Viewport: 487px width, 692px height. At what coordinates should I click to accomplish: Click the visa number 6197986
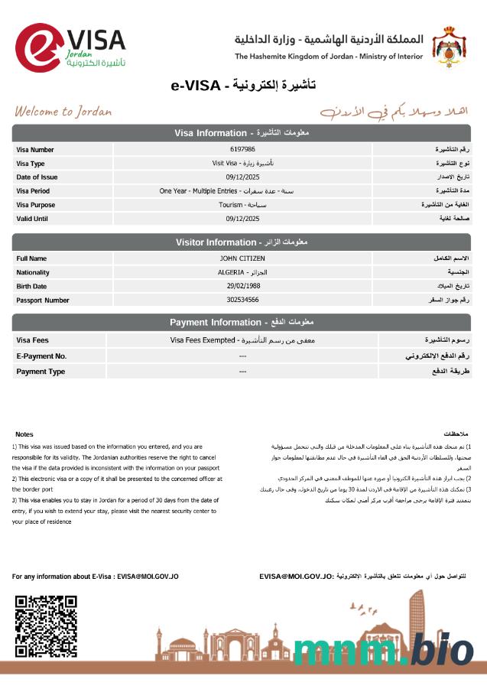point(242,149)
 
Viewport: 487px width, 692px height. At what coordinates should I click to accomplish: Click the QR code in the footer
point(47,627)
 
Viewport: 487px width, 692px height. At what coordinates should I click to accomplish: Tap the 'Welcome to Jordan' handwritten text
point(63,112)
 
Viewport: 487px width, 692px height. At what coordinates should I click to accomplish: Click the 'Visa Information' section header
point(242,133)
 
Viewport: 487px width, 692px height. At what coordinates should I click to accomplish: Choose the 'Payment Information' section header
point(242,322)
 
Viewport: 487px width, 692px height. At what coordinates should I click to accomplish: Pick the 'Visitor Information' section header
point(242,242)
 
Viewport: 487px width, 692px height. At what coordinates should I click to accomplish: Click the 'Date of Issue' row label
point(37,177)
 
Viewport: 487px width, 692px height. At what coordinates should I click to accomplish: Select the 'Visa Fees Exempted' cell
point(243,340)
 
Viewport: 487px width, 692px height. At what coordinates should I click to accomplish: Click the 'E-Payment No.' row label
point(42,356)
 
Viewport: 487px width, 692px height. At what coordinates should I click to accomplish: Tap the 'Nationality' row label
point(33,272)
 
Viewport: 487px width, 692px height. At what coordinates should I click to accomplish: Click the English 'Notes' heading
point(24,434)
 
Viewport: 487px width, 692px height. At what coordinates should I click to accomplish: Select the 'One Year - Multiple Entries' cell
point(243,190)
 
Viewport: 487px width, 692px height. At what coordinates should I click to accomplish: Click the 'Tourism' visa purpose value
point(243,204)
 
